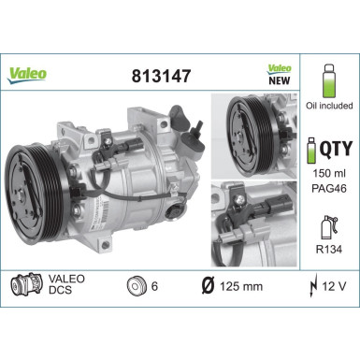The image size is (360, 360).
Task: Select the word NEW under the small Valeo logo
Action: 280,81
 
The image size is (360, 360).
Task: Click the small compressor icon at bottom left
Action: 24,283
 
